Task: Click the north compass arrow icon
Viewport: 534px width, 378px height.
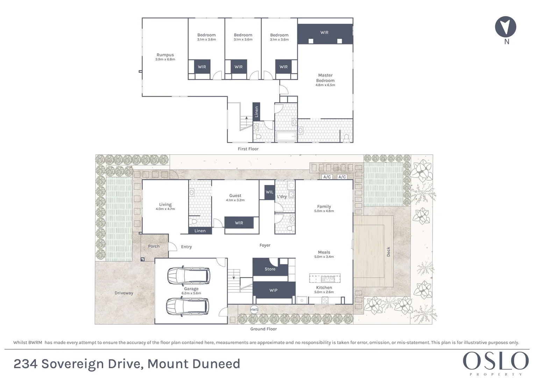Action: (506, 27)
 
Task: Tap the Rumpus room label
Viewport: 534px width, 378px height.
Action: (165, 55)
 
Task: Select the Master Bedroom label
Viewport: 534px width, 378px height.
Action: (325, 78)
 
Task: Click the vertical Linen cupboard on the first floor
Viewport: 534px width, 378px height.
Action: (256, 112)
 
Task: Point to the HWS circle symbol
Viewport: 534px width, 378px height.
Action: (254, 310)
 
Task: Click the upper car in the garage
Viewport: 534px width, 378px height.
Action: (189, 276)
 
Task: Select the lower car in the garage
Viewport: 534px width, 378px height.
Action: (187, 306)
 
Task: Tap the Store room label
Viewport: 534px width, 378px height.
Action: (270, 269)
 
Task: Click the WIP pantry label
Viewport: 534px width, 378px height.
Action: (273, 290)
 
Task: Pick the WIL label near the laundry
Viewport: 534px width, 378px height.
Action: (269, 192)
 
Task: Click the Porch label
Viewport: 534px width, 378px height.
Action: (154, 246)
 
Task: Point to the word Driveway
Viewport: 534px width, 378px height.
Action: (124, 293)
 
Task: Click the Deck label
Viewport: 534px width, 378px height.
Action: (388, 252)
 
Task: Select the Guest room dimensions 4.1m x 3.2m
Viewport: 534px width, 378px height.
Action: (235, 200)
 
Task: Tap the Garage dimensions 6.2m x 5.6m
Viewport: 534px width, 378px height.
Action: (191, 293)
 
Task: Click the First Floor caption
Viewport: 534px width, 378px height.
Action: (248, 149)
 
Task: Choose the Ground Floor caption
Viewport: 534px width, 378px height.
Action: (263, 329)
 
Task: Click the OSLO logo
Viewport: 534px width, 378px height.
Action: (496, 361)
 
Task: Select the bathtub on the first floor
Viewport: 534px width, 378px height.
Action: (286, 136)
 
